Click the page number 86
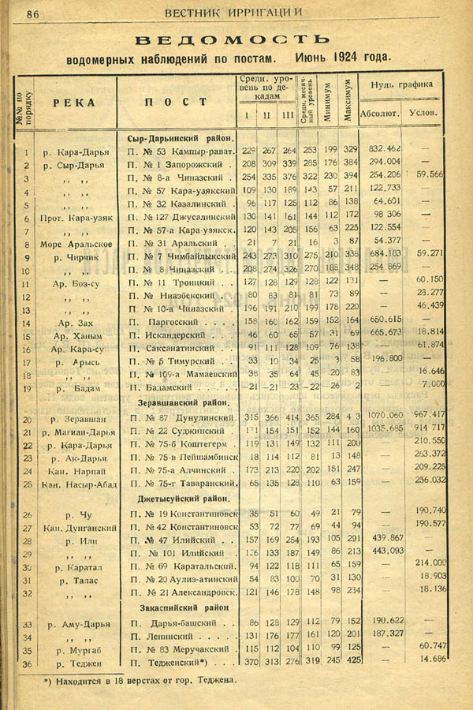[x=33, y=13]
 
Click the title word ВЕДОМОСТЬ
[x=232, y=39]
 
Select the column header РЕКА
[x=75, y=103]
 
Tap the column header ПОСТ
[x=176, y=103]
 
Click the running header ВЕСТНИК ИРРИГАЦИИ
[x=234, y=13]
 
